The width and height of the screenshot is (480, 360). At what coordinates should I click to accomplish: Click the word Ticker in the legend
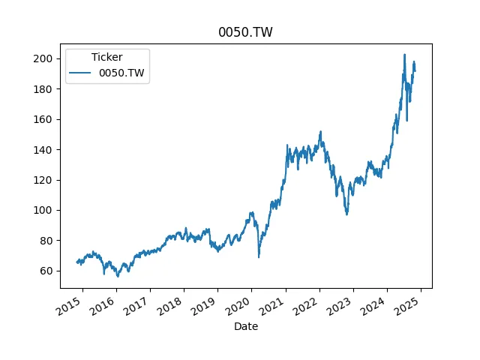click(106, 57)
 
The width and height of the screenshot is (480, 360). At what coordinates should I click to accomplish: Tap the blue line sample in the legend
click(82, 73)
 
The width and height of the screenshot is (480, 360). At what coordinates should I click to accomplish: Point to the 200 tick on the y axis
click(46, 58)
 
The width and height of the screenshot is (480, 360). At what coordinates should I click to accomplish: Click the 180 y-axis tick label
click(46, 89)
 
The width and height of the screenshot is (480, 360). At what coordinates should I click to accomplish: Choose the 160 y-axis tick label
click(46, 119)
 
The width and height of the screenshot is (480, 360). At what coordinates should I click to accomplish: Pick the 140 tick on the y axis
click(46, 150)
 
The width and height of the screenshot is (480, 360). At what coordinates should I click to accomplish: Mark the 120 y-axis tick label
click(46, 180)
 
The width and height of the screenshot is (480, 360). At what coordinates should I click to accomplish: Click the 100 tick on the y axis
click(46, 210)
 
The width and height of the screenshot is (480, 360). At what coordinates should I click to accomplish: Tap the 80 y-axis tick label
click(49, 241)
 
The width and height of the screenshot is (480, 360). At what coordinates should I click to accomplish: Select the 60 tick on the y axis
click(49, 271)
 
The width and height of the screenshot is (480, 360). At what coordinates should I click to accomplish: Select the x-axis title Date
click(245, 326)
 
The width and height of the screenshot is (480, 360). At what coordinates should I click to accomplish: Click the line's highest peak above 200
click(404, 55)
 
